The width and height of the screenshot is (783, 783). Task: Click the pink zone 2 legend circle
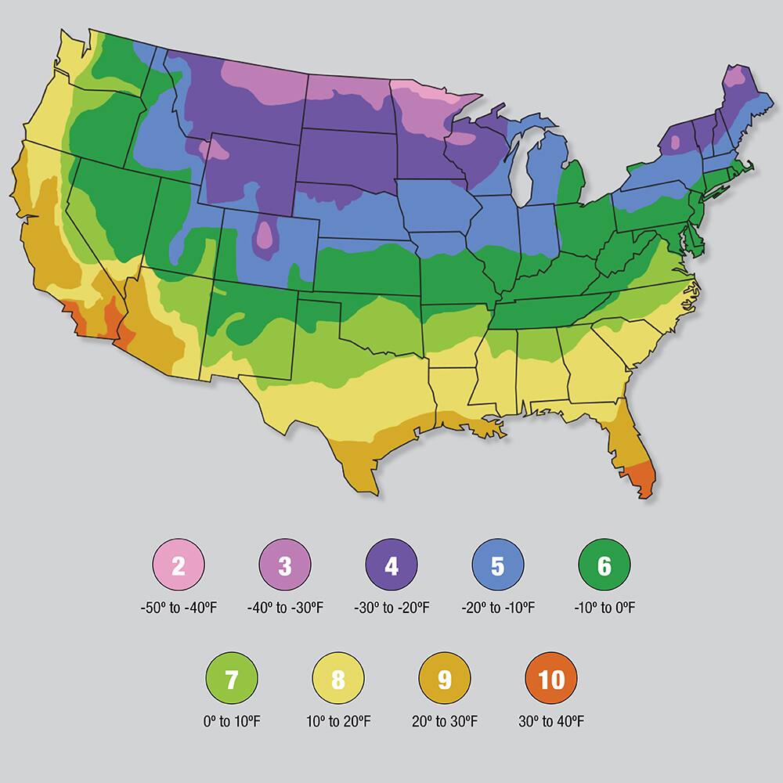coord(179,566)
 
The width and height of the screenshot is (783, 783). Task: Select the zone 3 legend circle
coord(285,566)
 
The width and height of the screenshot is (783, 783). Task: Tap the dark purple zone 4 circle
coord(391,566)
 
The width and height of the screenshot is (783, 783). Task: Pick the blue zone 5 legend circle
coord(498,566)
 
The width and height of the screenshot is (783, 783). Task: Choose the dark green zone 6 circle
coord(604,566)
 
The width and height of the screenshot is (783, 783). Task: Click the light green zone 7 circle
coord(232,679)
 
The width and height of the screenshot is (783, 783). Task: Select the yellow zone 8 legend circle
coord(338,679)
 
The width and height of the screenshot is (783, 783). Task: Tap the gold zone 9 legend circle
coord(445,679)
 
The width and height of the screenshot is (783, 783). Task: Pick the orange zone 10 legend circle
coord(551,679)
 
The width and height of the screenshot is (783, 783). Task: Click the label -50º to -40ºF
coord(179,608)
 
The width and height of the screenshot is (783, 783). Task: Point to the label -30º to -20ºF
coord(391,608)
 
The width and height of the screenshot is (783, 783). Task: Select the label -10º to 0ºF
coord(604,608)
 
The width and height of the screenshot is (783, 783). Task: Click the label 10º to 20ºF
coord(338,721)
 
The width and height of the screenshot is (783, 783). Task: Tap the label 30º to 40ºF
coord(551,721)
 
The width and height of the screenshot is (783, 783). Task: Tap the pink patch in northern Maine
coord(735,77)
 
